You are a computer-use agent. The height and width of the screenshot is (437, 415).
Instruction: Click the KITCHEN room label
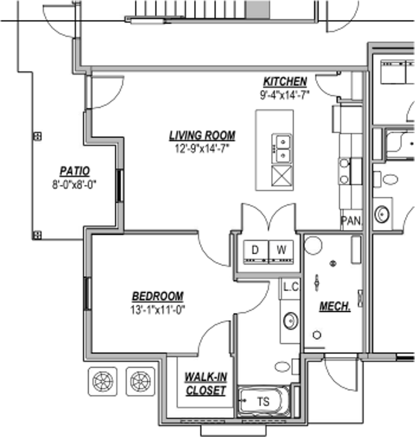click(285, 82)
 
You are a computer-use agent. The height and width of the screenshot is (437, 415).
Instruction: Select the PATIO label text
click(75, 171)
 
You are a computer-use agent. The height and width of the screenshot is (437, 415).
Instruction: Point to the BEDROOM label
click(158, 296)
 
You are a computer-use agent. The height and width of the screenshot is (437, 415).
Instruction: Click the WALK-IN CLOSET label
click(206, 384)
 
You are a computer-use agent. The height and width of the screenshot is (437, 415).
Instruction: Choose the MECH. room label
click(335, 306)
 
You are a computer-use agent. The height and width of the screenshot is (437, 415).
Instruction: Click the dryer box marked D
click(255, 251)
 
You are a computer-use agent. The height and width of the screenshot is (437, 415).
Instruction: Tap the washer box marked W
click(281, 251)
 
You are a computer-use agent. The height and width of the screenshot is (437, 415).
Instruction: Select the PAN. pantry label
click(351, 221)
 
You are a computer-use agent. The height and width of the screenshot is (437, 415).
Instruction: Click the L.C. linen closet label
click(291, 287)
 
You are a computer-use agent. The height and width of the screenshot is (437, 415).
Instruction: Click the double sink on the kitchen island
click(281, 149)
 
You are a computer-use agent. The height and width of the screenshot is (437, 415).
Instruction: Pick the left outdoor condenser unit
click(102, 380)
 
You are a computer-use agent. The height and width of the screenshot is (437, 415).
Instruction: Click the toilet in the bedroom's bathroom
click(283, 367)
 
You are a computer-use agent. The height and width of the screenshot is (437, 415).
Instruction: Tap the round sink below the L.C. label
click(290, 321)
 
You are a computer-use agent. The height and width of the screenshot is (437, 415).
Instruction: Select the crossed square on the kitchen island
click(282, 175)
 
